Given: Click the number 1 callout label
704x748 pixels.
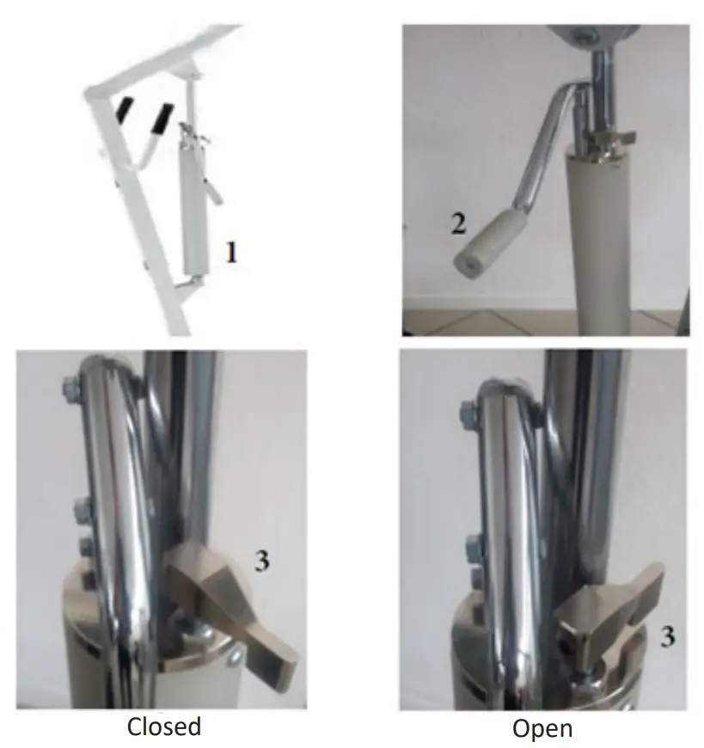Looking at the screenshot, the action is pyautogui.click(x=231, y=253).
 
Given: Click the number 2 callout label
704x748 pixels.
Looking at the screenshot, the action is pyautogui.click(x=458, y=224).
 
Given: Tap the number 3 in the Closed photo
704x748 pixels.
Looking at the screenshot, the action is pyautogui.click(x=262, y=561).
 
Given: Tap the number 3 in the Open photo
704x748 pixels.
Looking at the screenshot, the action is pyautogui.click(x=667, y=636).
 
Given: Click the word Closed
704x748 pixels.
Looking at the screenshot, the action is pyautogui.click(x=164, y=727).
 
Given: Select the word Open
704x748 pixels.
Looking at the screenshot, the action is pyautogui.click(x=542, y=728).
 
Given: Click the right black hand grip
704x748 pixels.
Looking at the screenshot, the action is pyautogui.click(x=161, y=118).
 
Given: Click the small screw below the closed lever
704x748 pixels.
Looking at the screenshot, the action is pyautogui.click(x=236, y=656).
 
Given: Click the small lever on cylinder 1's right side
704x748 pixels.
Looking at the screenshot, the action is pyautogui.click(x=214, y=190).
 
